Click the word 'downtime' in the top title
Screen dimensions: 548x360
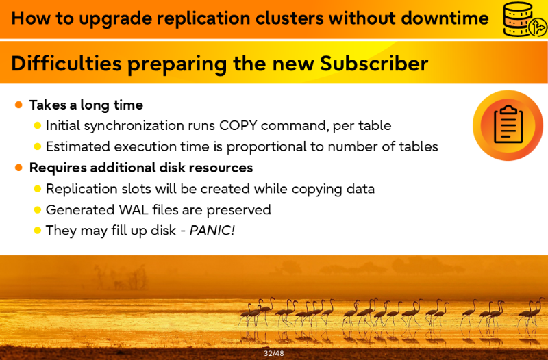[x=445, y=18]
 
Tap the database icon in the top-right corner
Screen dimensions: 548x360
[x=524, y=19]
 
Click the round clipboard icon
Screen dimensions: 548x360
[x=508, y=125]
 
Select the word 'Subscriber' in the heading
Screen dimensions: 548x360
[x=374, y=63]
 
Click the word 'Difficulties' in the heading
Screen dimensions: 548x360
[x=66, y=63]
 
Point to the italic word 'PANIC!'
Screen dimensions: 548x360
[x=212, y=231]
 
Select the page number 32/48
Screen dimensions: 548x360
[x=274, y=353]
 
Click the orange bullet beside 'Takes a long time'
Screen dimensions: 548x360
[x=19, y=105]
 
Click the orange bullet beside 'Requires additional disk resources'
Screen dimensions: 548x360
[x=19, y=168]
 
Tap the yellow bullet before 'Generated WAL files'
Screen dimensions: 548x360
[x=38, y=210]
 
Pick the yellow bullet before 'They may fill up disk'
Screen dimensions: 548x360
[x=38, y=231]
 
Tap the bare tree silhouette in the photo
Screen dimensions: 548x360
[x=121, y=277]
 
